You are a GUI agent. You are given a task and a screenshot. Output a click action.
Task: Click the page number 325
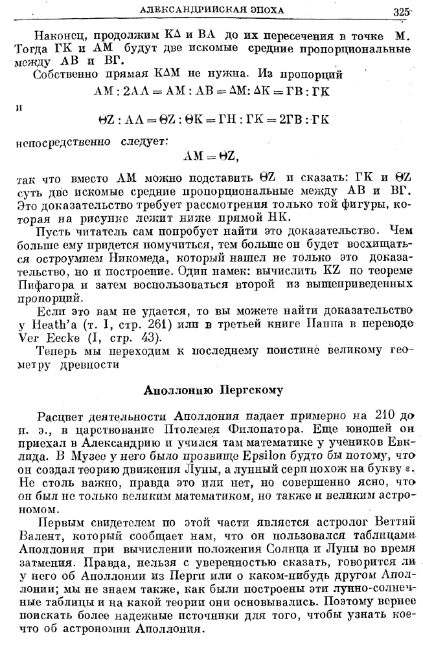coord(402,11)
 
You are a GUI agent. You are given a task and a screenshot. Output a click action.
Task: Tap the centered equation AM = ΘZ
coord(211,155)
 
